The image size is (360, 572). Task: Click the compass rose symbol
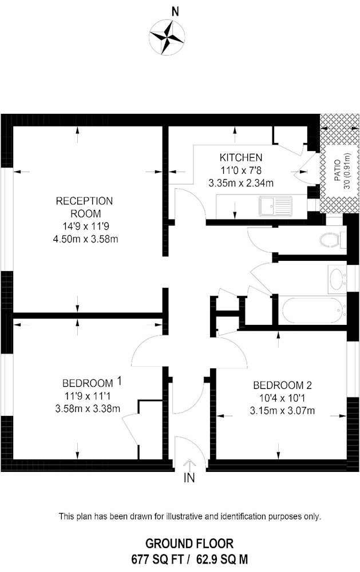(x=167, y=37)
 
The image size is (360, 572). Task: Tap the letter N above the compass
(x=176, y=12)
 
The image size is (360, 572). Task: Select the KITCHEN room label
(x=241, y=158)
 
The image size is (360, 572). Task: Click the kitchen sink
(x=276, y=206)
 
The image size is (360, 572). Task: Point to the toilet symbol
(x=332, y=240)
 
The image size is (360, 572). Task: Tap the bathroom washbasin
(x=337, y=279)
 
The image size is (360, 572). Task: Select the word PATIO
(x=337, y=170)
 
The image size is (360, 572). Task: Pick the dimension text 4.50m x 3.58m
(x=85, y=239)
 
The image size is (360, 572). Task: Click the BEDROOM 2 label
(x=282, y=385)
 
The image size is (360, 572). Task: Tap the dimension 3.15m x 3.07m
(x=282, y=411)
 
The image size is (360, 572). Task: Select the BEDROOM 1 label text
(x=92, y=383)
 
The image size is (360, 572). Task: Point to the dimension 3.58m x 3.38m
(x=88, y=408)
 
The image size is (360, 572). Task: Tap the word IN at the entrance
(x=189, y=478)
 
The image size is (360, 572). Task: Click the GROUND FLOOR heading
(x=189, y=543)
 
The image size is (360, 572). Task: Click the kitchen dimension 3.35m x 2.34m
(x=241, y=183)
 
